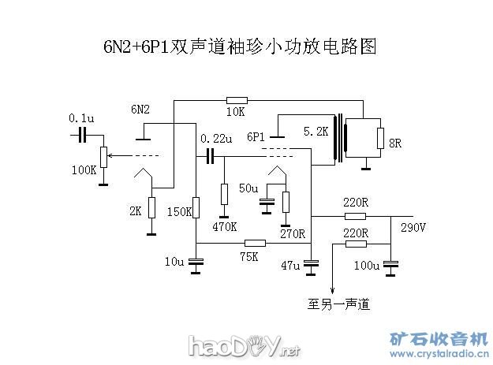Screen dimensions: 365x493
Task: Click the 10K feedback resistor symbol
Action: pos(237,100)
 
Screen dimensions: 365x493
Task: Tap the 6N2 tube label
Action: pos(140,109)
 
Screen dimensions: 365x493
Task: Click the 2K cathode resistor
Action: pos(151,208)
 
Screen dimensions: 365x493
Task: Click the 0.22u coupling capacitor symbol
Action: pos(210,156)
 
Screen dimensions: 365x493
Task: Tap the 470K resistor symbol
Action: pos(224,194)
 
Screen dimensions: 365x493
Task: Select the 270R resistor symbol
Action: pos(286,202)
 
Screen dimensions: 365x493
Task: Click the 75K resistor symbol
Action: pos(254,244)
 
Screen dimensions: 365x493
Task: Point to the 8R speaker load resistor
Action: pos(380,142)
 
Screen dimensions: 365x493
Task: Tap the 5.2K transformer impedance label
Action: pos(315,132)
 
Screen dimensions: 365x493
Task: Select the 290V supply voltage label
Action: pos(413,229)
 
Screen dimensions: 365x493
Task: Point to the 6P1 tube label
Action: pos(256,136)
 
